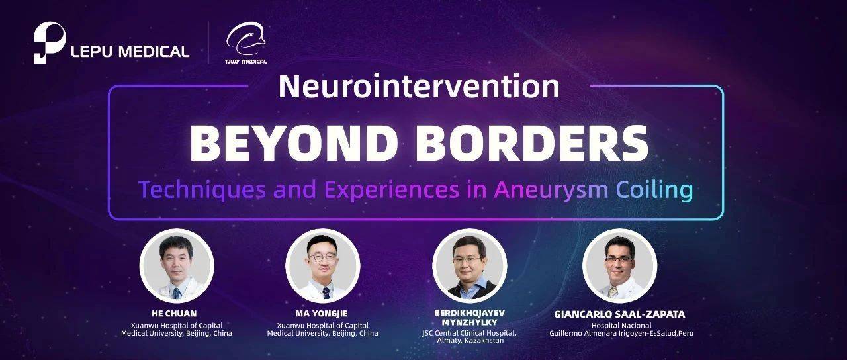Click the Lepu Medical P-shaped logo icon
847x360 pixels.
[x=50, y=43]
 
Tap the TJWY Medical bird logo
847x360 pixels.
[x=245, y=41]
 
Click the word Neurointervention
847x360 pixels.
[x=418, y=87]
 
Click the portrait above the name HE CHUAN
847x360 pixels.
[x=177, y=266]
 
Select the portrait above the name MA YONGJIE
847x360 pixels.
[x=323, y=266]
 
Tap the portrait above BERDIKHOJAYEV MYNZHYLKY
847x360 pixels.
[x=469, y=266]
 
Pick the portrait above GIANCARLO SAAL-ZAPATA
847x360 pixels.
[x=619, y=266]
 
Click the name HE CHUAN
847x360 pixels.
[x=176, y=314]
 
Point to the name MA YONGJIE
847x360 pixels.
[x=323, y=314]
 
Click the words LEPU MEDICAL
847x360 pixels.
[x=130, y=51]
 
